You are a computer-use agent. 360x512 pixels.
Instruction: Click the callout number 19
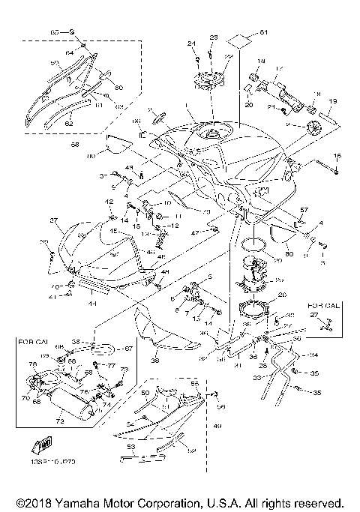[x=333, y=101]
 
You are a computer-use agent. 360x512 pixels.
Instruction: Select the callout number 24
[x=191, y=43]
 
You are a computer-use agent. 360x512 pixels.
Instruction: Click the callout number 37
[x=54, y=221]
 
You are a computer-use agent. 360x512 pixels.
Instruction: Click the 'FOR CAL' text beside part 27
[x=322, y=307]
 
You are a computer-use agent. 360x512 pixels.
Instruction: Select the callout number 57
[x=304, y=211]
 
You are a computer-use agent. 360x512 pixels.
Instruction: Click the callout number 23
[x=213, y=37]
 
